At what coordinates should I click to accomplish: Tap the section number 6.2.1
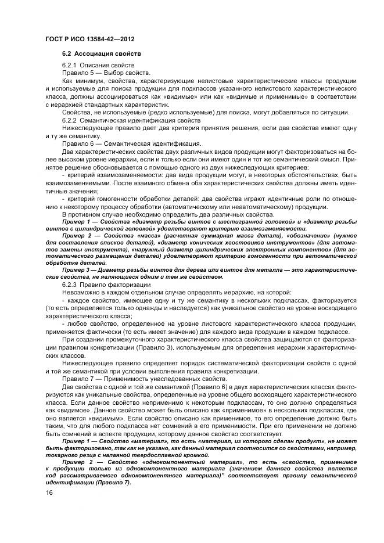click(x=70, y=66)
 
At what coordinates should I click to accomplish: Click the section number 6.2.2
click(x=70, y=120)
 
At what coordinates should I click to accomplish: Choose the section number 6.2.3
click(x=70, y=285)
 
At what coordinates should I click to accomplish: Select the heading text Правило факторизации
click(x=110, y=285)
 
